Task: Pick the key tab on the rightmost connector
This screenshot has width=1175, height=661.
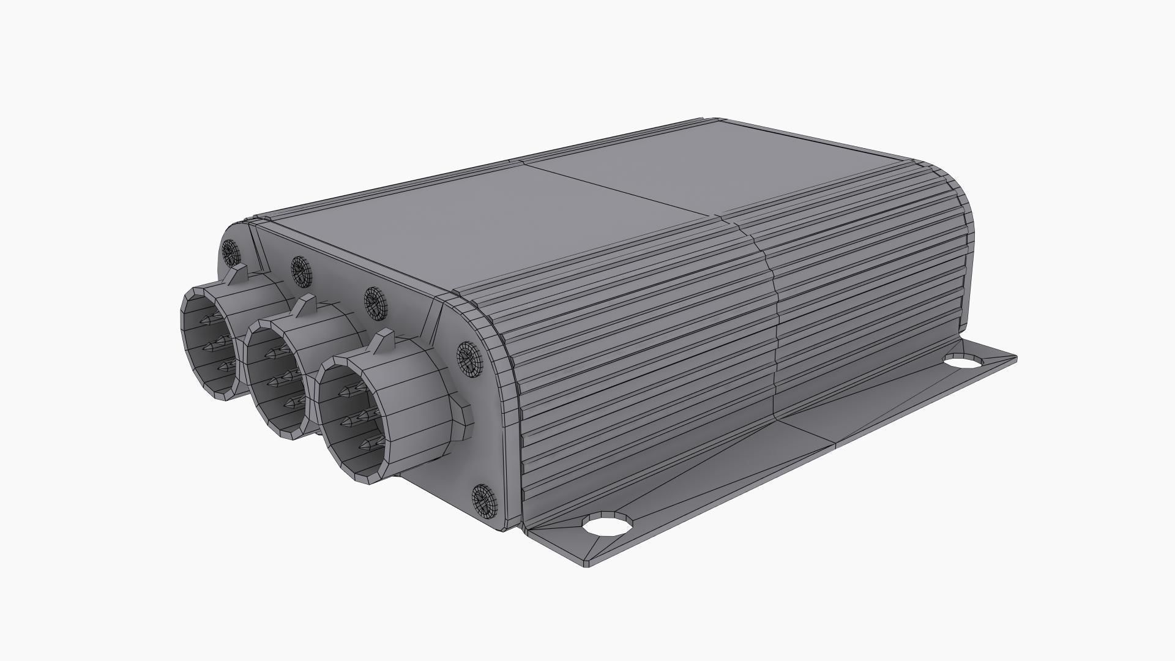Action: pyautogui.click(x=384, y=340)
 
